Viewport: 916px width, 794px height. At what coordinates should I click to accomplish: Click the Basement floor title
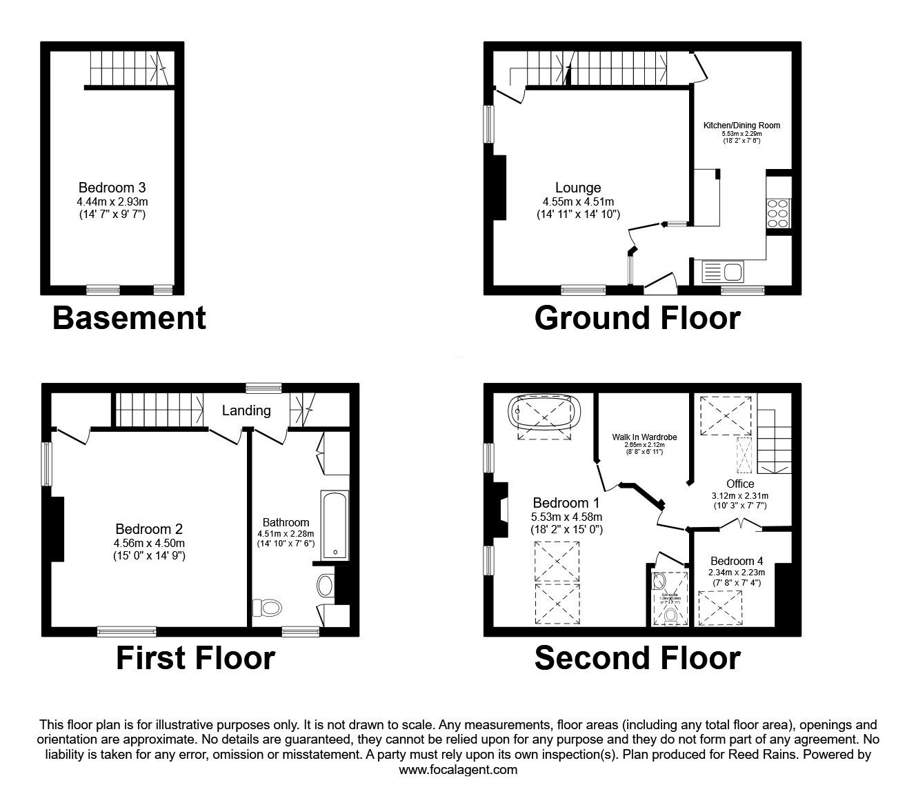click(x=129, y=318)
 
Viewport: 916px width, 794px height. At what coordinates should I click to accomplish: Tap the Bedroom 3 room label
click(x=112, y=187)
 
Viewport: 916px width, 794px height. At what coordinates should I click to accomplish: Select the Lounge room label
click(x=578, y=188)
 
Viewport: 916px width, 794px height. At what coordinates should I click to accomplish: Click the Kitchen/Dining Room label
click(x=741, y=126)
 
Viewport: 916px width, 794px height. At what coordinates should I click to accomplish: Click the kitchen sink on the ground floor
click(x=721, y=272)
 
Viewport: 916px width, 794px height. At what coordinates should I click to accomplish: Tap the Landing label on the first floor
click(x=246, y=410)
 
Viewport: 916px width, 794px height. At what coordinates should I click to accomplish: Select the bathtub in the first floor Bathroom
click(x=336, y=524)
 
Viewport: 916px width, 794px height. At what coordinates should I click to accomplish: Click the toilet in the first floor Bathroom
click(x=268, y=608)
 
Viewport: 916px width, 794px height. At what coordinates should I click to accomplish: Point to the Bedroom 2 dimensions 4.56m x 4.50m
click(x=149, y=542)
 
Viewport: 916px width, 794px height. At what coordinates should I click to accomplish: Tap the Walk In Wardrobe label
click(x=644, y=437)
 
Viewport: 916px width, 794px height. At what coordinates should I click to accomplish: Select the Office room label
click(x=739, y=484)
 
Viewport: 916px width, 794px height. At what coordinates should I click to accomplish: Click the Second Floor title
click(x=637, y=658)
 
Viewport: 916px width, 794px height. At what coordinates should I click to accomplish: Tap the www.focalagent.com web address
click(x=458, y=770)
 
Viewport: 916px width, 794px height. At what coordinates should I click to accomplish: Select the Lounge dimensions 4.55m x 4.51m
click(x=578, y=201)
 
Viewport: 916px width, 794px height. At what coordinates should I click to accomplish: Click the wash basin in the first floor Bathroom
click(x=325, y=586)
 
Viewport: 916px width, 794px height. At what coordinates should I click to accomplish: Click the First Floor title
click(x=195, y=658)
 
